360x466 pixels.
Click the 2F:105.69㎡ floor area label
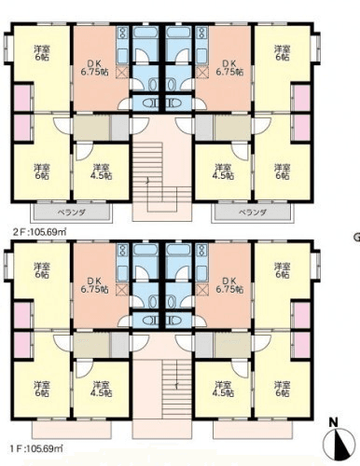pos(39,232)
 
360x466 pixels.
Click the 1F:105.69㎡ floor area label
pos(36,448)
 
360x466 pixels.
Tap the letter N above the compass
pos(334,422)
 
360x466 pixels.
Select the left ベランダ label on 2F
pos(72,212)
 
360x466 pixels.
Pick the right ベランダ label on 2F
pos(253,212)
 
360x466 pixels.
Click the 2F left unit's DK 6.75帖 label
pos(95,68)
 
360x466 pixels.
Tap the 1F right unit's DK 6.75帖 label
pos(229,285)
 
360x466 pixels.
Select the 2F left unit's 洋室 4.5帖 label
pos(102,171)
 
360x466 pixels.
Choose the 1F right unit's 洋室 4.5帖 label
pos(223,389)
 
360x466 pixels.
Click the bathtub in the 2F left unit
pos(145,33)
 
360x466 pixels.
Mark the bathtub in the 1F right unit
pos(178,250)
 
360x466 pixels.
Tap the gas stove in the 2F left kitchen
pos(123,33)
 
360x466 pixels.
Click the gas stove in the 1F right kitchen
pos(201,251)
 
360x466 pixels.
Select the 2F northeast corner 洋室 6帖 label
pos(283,53)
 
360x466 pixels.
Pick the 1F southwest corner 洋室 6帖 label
pos(42,389)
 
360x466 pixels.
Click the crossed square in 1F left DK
pos(122,290)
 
